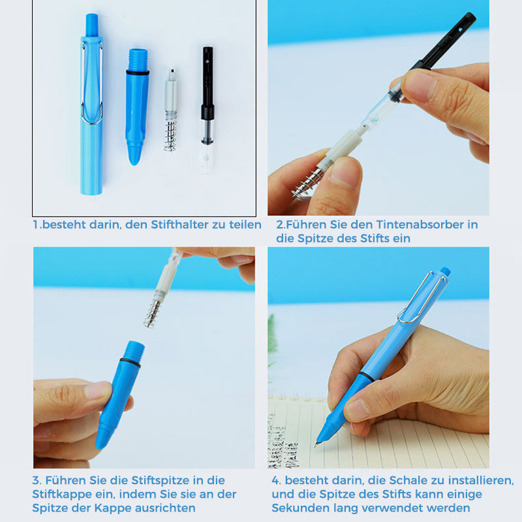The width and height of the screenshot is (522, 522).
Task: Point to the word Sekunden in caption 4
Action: (298, 508)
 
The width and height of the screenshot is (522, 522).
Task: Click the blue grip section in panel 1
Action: (137, 108)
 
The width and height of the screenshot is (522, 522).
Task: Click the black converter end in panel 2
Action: (450, 39)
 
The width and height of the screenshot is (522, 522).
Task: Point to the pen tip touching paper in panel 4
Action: (319, 442)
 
